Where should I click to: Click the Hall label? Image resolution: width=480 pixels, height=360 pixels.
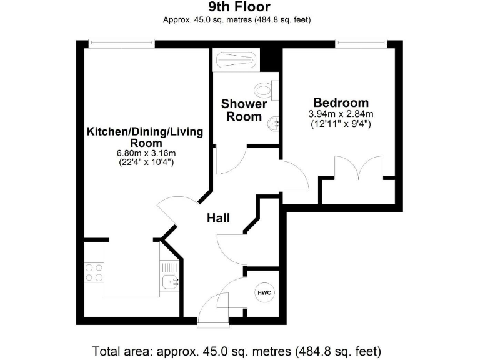[x=219, y=218]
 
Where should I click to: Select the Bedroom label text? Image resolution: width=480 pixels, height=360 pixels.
[x=341, y=102]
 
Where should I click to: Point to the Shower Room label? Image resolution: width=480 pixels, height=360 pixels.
[x=244, y=110]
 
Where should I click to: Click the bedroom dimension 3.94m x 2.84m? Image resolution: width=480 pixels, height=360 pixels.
[x=341, y=114]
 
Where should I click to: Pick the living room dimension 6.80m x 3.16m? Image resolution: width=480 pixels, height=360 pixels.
[x=146, y=153]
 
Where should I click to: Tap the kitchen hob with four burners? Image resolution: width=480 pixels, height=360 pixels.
[x=94, y=272]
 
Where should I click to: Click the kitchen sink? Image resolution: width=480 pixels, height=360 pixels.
[x=170, y=281]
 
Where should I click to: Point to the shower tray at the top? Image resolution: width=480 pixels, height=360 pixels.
[x=235, y=61]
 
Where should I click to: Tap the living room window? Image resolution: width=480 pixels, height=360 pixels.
[x=121, y=43]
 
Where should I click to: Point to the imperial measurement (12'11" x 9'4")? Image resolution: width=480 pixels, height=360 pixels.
[x=341, y=124]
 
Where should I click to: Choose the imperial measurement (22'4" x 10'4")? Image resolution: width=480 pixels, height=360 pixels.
[x=146, y=162]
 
